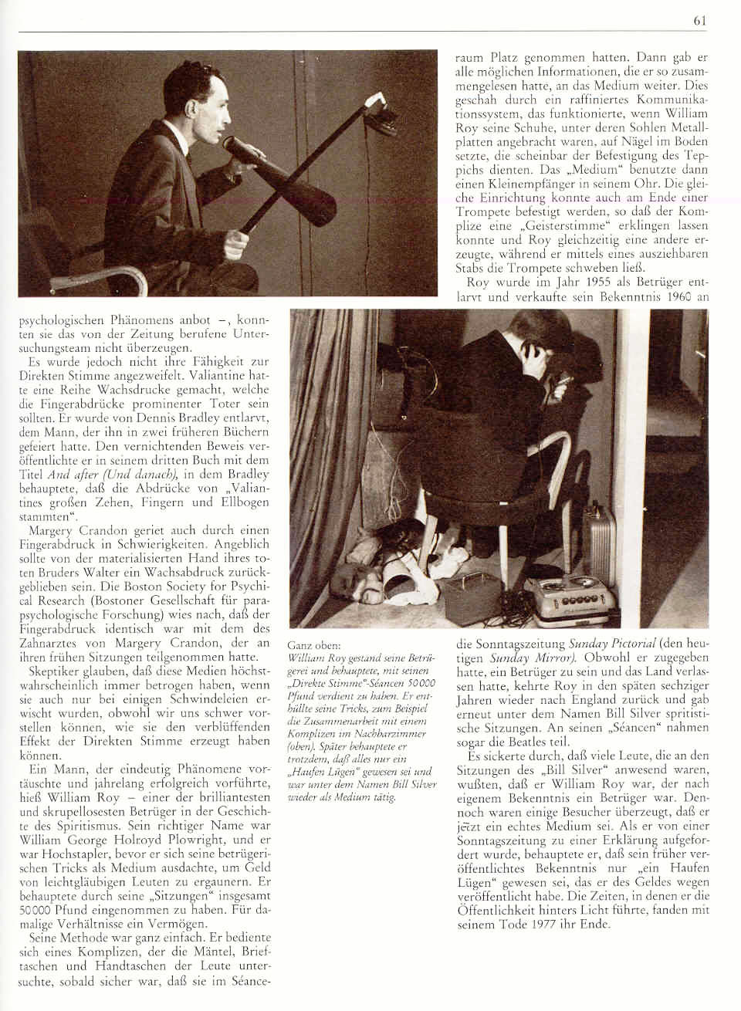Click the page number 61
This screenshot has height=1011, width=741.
tap(700, 21)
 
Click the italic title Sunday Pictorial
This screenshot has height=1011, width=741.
tap(613, 643)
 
